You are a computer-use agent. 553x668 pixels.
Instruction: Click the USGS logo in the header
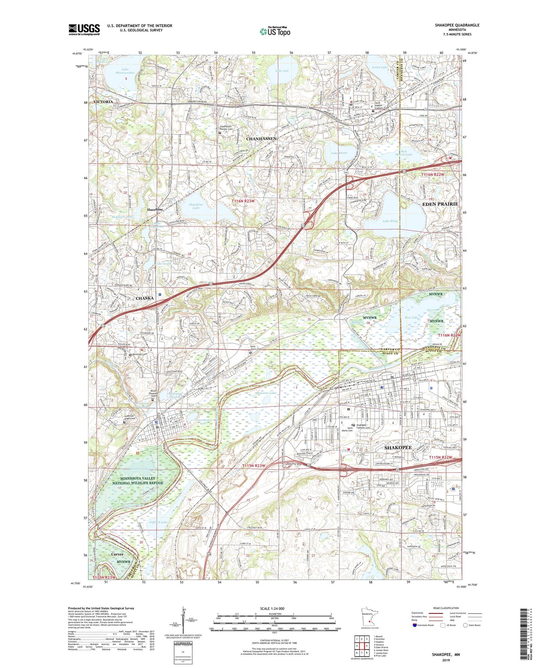84,29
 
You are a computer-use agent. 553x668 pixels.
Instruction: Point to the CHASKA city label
145,298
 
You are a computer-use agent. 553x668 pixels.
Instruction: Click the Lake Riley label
390,221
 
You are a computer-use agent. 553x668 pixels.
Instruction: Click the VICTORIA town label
103,101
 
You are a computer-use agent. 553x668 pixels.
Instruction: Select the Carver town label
117,554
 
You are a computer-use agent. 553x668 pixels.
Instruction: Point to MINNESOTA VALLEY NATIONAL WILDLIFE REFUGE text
138,480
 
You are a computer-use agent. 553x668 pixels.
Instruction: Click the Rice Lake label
411,318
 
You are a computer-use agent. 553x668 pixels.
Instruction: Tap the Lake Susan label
338,153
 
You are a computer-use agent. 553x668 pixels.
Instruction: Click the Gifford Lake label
159,522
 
